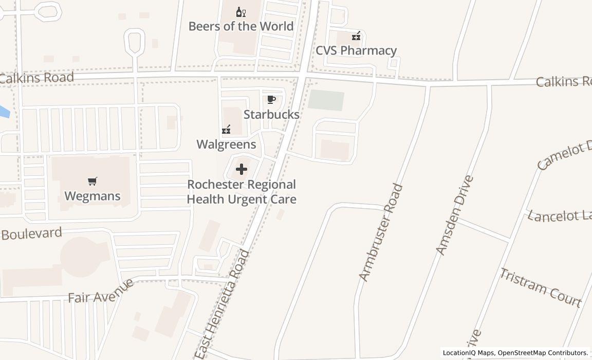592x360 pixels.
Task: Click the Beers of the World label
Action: pyautogui.click(x=241, y=26)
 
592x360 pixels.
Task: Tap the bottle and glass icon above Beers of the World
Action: pyautogui.click(x=241, y=12)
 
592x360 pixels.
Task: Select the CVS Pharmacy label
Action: pyautogui.click(x=356, y=50)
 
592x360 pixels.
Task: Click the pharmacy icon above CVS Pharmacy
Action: pyautogui.click(x=356, y=36)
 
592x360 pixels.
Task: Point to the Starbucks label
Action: pyautogui.click(x=271, y=114)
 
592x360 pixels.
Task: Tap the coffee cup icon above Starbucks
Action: pyautogui.click(x=271, y=100)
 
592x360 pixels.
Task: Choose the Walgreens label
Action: pyautogui.click(x=226, y=144)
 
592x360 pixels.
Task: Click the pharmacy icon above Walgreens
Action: pyautogui.click(x=226, y=130)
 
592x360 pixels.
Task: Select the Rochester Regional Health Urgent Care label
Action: pyautogui.click(x=242, y=191)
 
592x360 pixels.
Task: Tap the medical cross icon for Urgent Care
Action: pyautogui.click(x=241, y=169)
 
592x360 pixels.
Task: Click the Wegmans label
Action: pyautogui.click(x=92, y=196)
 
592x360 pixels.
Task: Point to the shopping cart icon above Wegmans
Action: pyautogui.click(x=92, y=181)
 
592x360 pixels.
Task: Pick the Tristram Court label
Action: pyautogui.click(x=541, y=287)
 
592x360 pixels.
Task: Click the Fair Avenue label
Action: pyautogui.click(x=101, y=292)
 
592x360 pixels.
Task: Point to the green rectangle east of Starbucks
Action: pyautogui.click(x=326, y=100)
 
